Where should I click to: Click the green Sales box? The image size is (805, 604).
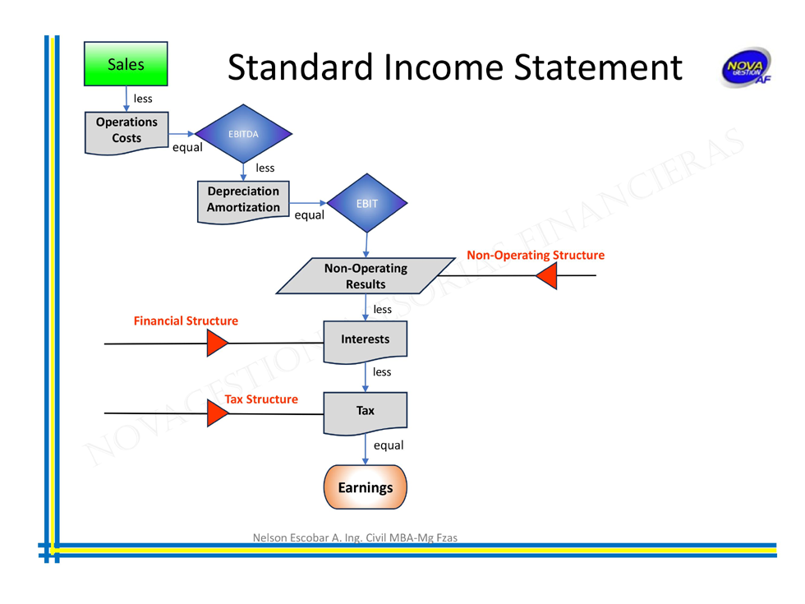click(126, 64)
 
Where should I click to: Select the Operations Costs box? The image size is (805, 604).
click(126, 131)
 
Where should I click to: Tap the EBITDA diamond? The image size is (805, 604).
click(243, 134)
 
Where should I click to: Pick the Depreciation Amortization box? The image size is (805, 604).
click(243, 200)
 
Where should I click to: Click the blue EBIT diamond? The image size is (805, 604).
click(366, 203)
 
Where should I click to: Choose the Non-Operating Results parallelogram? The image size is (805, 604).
click(366, 276)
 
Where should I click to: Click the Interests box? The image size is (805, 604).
click(366, 339)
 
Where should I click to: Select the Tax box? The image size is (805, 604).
click(366, 411)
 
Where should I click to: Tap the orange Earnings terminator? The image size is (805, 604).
click(366, 487)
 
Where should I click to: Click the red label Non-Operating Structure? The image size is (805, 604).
click(536, 256)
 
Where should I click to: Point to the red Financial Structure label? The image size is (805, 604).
click(186, 321)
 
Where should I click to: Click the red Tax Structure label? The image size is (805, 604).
click(261, 399)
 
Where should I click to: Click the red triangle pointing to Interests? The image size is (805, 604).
click(217, 343)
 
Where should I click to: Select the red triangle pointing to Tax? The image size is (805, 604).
click(217, 413)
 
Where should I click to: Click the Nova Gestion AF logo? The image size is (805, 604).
click(745, 68)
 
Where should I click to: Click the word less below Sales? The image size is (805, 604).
click(143, 99)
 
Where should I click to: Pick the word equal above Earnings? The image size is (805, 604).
click(389, 445)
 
